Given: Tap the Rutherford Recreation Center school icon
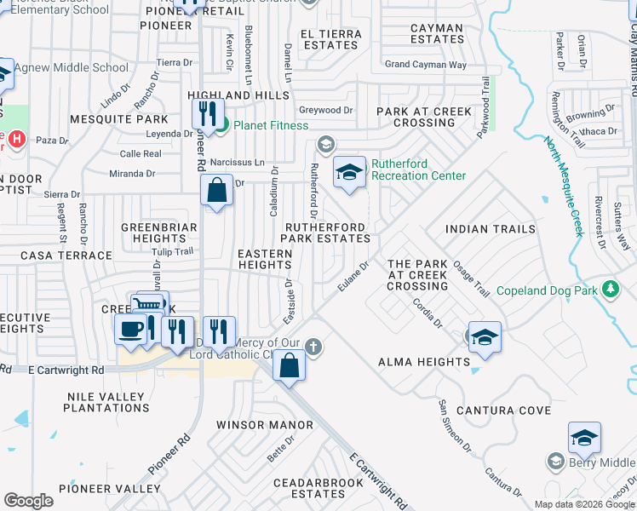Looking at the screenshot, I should tap(348, 171).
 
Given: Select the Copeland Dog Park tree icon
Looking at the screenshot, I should tap(609, 290).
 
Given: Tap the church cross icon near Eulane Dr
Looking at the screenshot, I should tap(314, 346).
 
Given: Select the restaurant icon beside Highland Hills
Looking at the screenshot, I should tap(208, 112).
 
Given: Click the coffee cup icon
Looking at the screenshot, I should tap(130, 330).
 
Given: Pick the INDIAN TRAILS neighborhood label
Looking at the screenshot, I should tap(491, 229).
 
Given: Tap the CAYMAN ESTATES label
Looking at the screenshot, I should tap(437, 33).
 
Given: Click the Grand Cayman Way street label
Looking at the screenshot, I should tap(425, 65).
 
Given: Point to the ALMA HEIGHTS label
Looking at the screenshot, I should tap(423, 362).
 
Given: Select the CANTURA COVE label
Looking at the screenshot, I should tap(502, 411).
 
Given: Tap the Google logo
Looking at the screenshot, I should tap(28, 500).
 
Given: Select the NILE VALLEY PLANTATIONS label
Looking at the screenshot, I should tap(106, 402).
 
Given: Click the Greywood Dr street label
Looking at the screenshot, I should tap(325, 111).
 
